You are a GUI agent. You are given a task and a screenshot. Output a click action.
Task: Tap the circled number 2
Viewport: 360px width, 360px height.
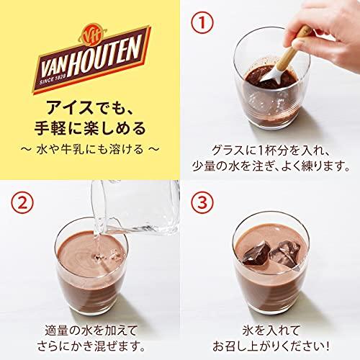pyautogui.click(x=24, y=203)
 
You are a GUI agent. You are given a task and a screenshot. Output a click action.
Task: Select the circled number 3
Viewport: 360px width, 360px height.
pyautogui.click(x=204, y=203)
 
